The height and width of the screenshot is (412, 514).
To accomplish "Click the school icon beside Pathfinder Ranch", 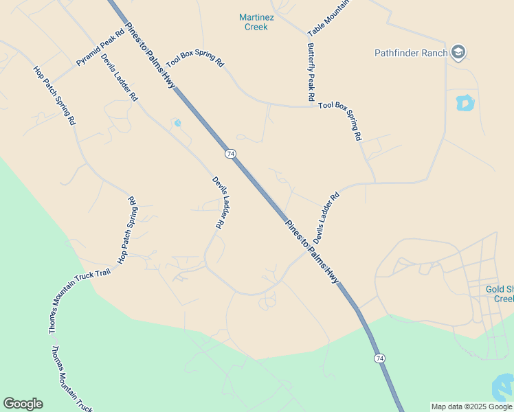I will (458, 52).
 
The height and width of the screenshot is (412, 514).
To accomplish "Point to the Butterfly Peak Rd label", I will (311, 71).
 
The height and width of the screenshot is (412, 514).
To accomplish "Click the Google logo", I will (23, 404).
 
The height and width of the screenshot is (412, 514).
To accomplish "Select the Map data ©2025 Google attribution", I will (472, 407).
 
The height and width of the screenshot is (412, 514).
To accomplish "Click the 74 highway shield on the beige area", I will (230, 152).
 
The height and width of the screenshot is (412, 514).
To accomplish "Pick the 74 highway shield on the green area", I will (379, 358).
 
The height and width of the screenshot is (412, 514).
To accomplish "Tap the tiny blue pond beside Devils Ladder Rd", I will (177, 124).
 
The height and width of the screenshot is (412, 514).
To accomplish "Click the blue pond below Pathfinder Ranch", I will (465, 102).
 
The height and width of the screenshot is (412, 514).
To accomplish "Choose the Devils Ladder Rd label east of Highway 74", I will (326, 217).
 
